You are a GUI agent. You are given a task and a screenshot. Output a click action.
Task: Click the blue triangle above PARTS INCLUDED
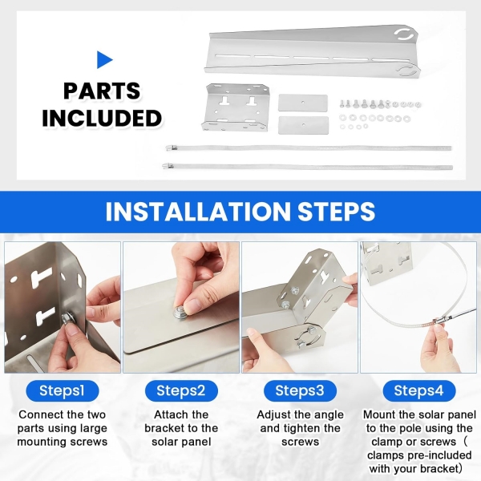tap(104, 60)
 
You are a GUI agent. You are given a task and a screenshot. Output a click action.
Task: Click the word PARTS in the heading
tap(102, 91)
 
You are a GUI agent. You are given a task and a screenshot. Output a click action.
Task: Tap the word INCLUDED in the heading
tap(102, 118)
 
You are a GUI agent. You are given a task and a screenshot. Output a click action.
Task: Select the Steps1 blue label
tap(63, 391)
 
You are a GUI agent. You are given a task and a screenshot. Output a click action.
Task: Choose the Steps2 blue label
tap(181, 391)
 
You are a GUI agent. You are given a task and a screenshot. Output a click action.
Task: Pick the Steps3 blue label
tap(300, 391)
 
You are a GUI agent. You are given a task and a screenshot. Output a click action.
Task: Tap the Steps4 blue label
tap(419, 391)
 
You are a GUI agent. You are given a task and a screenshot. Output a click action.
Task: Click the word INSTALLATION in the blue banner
tap(197, 212)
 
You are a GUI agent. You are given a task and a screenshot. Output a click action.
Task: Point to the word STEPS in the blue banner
tap(336, 212)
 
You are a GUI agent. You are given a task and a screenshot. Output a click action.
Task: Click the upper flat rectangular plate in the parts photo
tap(303, 103)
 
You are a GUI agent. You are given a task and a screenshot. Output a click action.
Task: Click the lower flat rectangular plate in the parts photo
tap(303, 125)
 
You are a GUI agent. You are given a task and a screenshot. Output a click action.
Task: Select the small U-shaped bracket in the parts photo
tap(236, 107)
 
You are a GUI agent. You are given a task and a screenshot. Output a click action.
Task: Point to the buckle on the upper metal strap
tap(172, 148)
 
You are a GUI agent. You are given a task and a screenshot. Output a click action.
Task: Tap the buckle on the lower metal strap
tap(168, 166)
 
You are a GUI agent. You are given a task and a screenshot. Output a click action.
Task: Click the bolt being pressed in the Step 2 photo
tap(180, 313)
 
